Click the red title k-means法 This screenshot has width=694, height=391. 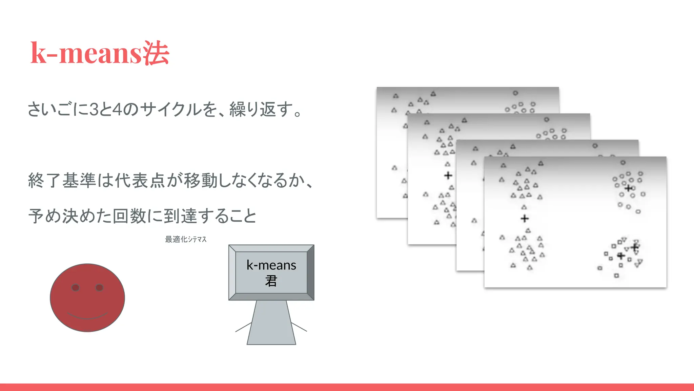click(100, 53)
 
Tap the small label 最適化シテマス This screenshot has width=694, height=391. click(186, 239)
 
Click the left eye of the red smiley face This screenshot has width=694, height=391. click(76, 288)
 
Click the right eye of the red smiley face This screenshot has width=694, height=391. click(99, 288)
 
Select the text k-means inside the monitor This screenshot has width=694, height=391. click(271, 265)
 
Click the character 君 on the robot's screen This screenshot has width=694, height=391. click(271, 281)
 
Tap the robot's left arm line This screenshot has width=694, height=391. click(243, 327)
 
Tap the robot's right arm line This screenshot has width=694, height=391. click(299, 327)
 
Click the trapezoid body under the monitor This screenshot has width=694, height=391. click(271, 322)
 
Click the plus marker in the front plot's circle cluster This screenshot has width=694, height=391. click(629, 188)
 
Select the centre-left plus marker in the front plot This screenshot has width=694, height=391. click(525, 218)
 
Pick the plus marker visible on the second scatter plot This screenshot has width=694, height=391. click(448, 175)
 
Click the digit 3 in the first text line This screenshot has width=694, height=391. click(94, 110)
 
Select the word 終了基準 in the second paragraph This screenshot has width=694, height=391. click(62, 180)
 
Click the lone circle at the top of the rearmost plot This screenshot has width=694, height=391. click(515, 93)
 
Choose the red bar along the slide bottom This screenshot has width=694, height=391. click(347, 387)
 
